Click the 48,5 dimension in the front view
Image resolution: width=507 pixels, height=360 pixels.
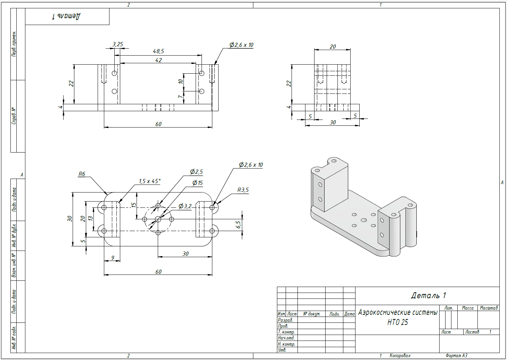(158, 51)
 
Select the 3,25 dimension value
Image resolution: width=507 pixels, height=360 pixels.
(118, 44)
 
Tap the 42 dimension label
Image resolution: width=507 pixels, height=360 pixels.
(158, 60)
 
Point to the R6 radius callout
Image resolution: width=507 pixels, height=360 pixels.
(82, 174)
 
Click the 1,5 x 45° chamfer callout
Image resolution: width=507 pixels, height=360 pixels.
(149, 181)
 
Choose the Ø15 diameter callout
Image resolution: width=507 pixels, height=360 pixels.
(197, 183)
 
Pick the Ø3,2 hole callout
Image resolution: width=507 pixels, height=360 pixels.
(185, 206)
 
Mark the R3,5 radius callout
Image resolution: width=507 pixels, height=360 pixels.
(243, 190)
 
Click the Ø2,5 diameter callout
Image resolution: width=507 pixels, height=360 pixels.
(196, 172)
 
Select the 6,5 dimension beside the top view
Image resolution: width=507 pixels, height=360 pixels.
(238, 224)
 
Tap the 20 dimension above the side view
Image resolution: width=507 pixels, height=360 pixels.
(333, 47)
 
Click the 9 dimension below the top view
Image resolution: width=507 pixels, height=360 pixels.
(113, 258)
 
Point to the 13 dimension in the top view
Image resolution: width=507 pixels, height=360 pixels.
(90, 219)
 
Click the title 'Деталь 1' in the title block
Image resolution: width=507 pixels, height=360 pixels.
(428, 296)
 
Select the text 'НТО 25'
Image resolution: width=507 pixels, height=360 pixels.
(398, 322)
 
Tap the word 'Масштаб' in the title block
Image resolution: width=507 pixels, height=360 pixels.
(489, 308)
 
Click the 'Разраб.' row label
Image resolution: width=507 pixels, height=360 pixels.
(285, 320)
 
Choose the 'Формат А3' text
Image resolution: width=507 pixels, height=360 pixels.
(456, 356)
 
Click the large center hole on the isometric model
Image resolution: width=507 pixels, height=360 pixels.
(364, 220)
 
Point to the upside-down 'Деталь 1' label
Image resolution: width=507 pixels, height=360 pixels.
(66, 16)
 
